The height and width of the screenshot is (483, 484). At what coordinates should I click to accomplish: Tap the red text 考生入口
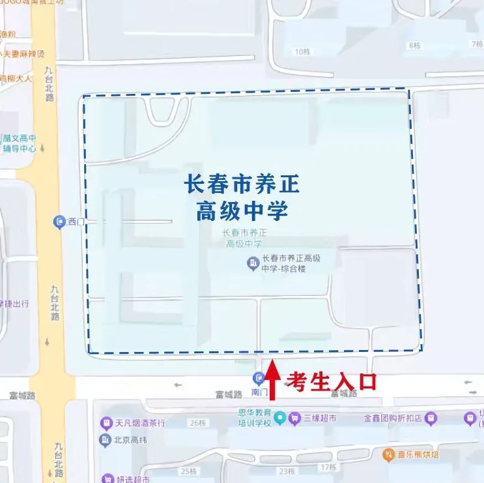point(332,381)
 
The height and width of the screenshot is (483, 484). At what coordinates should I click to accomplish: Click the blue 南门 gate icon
point(259,377)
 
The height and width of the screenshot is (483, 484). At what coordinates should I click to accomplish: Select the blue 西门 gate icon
point(59,222)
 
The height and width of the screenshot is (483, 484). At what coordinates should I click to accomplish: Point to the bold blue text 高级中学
point(242,211)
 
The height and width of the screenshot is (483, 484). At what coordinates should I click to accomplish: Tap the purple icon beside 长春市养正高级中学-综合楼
point(252,263)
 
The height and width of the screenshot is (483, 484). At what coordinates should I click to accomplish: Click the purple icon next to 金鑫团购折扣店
point(430,418)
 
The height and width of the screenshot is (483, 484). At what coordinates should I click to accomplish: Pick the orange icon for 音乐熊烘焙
point(389,453)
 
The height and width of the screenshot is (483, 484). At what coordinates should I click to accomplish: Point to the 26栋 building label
point(196,424)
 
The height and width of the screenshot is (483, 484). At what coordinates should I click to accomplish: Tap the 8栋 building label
point(414,45)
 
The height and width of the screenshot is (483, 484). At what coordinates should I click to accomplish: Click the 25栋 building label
point(189,471)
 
